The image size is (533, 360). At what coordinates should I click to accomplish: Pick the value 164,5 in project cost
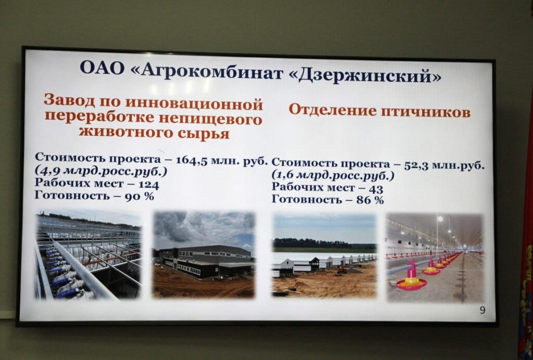[192, 160]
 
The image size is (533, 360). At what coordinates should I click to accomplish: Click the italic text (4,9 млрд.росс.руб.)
[101, 172]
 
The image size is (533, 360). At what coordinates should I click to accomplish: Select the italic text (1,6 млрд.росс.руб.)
[333, 176]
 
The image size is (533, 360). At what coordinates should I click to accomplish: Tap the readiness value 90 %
[139, 196]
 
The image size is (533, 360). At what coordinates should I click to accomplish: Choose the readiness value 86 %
[370, 200]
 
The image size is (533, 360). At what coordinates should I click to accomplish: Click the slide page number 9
[483, 310]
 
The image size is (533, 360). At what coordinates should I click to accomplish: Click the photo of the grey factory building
[204, 254]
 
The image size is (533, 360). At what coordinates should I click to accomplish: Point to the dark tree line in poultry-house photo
[325, 244]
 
